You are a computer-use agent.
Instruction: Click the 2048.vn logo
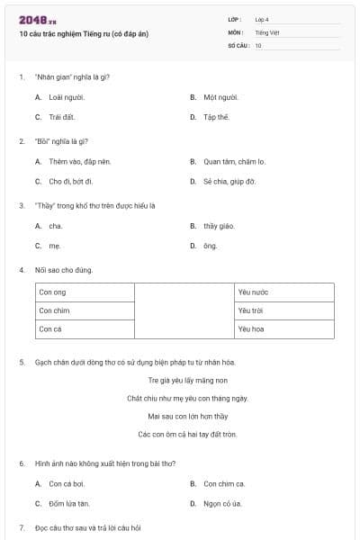(x=38, y=19)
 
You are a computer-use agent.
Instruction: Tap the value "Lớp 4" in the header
(x=263, y=19)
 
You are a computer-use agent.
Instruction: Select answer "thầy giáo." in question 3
(x=218, y=226)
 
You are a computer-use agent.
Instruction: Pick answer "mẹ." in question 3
(x=55, y=246)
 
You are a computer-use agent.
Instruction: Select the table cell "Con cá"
(x=50, y=329)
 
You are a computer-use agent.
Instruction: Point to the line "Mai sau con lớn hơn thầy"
(x=187, y=416)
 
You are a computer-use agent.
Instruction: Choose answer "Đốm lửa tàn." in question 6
(x=69, y=503)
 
